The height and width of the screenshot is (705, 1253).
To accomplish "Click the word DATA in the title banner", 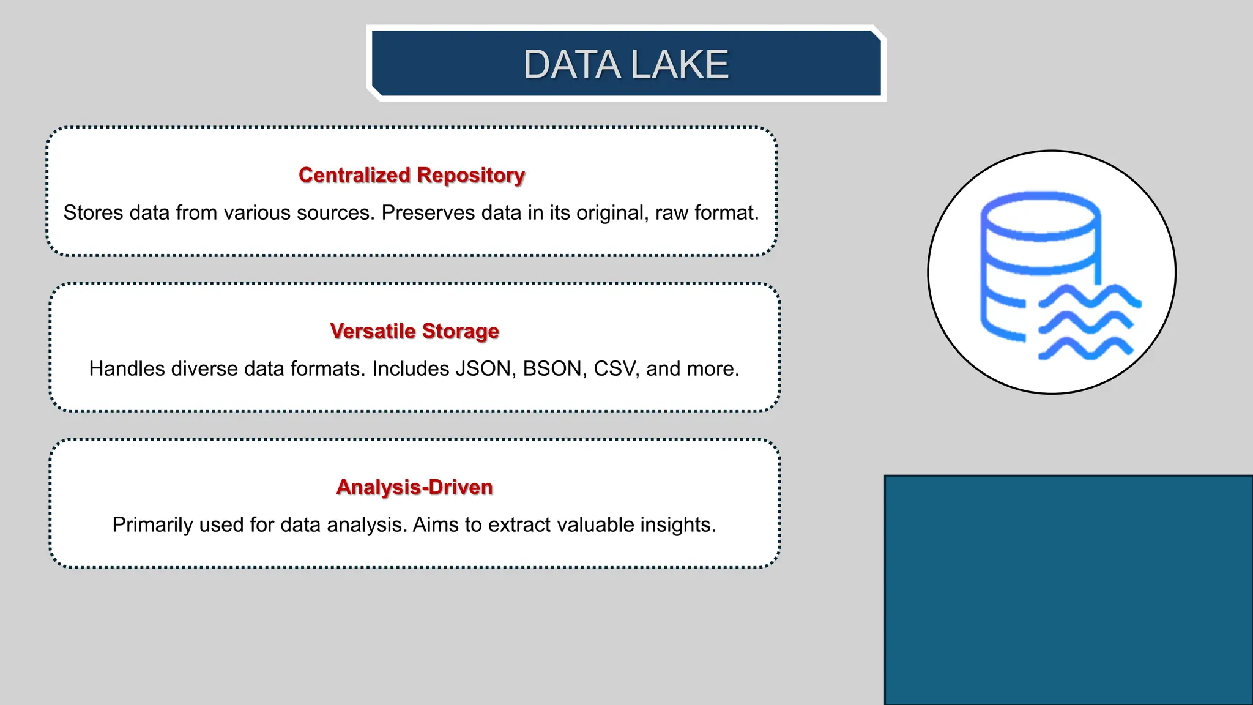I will coord(571,65).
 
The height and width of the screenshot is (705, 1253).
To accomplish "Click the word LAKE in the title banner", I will coord(679,65).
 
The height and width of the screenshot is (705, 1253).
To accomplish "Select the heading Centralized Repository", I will coord(412,175).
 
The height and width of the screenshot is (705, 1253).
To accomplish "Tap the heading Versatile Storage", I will coord(414,331).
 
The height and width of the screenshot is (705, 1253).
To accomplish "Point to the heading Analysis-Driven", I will coord(414,487).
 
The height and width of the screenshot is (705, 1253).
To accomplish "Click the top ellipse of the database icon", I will coord(1040,215).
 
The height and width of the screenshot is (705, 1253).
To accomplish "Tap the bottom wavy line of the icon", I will coord(1086,349).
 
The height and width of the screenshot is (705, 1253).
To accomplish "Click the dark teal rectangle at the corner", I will coord(1068,590).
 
